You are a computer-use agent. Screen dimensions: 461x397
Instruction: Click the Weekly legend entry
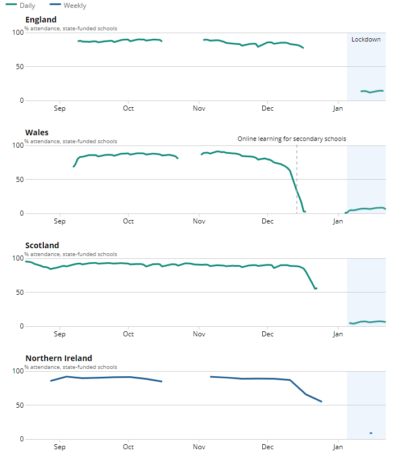[x=70, y=6]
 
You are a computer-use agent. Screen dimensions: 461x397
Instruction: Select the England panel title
[x=41, y=20]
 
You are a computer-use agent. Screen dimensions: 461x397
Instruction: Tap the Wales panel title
[x=37, y=133]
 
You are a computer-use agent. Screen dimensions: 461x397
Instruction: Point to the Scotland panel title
[x=42, y=245]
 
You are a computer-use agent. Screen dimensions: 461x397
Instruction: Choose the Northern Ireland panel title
[x=58, y=358]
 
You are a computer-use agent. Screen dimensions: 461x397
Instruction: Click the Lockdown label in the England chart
[x=366, y=39]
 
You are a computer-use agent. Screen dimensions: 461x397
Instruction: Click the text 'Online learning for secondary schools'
[x=292, y=139]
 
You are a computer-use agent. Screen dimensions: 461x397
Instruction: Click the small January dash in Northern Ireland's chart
[x=371, y=433]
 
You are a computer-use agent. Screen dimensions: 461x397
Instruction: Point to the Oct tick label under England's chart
[x=129, y=108]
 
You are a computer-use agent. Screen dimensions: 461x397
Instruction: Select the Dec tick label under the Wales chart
[x=268, y=221]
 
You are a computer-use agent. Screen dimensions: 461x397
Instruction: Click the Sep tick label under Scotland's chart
[x=60, y=334]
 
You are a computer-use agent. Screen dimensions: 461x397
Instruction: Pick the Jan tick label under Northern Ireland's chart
[x=337, y=447]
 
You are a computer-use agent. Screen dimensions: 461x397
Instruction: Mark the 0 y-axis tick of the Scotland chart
[x=21, y=326]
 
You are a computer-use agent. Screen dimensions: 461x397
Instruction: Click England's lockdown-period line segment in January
[x=372, y=91]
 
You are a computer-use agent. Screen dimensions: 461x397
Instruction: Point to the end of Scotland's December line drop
[x=316, y=289]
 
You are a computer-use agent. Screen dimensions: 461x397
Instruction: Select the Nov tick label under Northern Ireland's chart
[x=199, y=447]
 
